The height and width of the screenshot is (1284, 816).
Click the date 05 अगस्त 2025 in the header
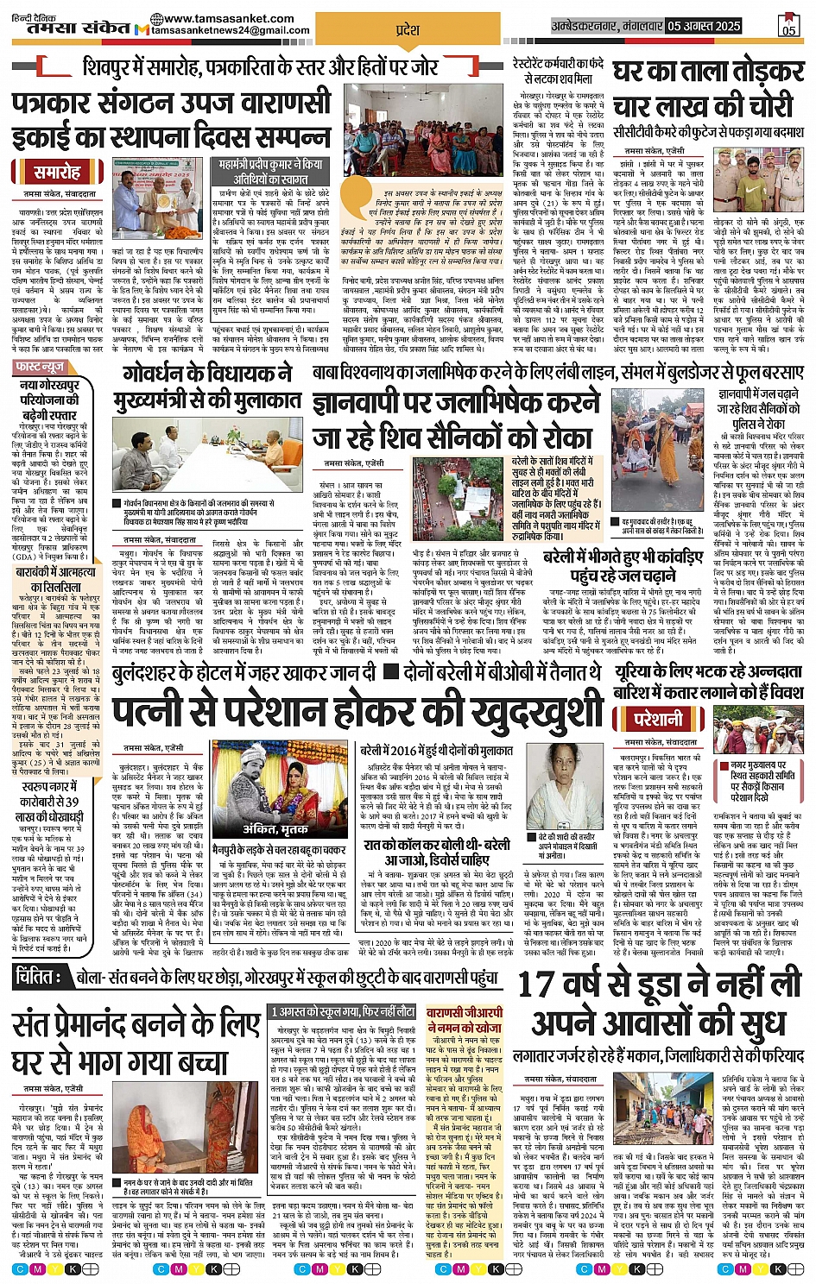pyautogui.click(x=705, y=26)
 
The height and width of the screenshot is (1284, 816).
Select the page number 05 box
pyautogui.click(x=788, y=28)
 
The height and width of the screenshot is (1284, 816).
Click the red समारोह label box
pyautogui.click(x=58, y=171)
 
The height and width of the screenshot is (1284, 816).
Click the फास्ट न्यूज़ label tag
pyautogui.click(x=40, y=368)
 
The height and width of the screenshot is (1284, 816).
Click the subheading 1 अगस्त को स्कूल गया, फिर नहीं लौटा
pyautogui.click(x=344, y=1011)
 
